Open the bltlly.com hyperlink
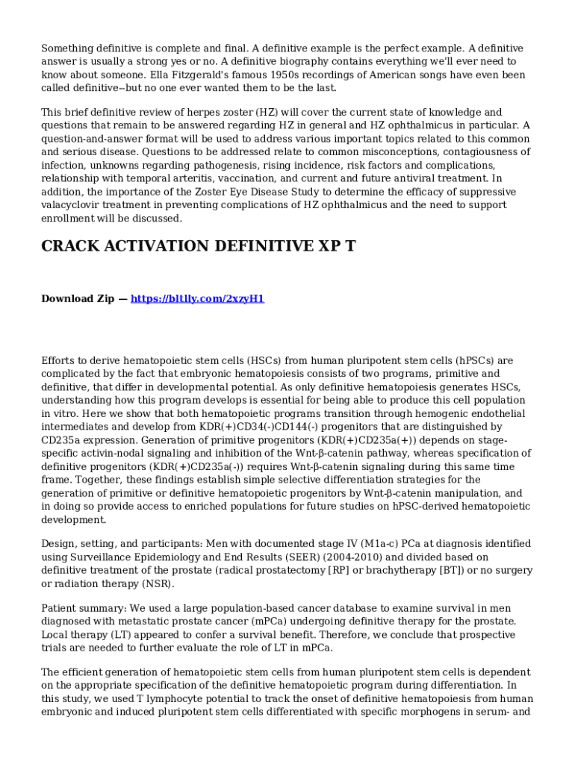197,298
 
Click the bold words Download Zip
78,298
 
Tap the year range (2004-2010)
351,557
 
